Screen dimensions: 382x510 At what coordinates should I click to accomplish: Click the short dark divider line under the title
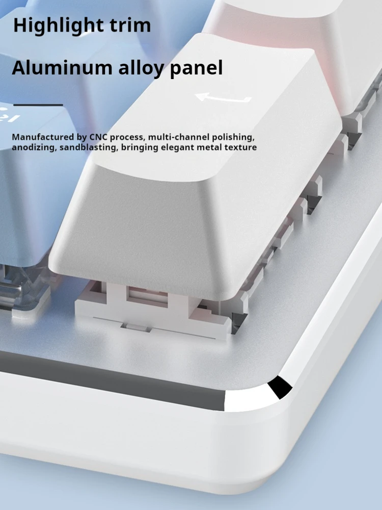click(x=38, y=105)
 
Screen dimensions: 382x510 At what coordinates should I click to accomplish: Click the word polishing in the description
click(x=233, y=138)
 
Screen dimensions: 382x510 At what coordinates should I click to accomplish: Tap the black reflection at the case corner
click(x=280, y=387)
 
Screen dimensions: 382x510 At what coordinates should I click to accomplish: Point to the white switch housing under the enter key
click(x=153, y=309)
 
